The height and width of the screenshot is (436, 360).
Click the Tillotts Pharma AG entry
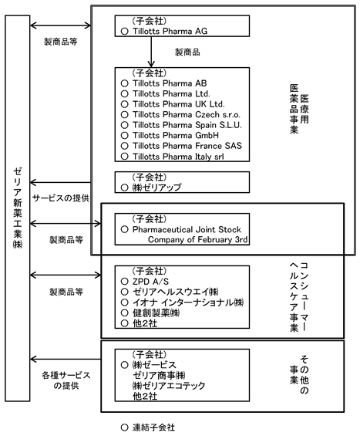pyautogui.click(x=170, y=31)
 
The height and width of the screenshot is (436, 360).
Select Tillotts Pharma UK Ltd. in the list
pyautogui.click(x=178, y=104)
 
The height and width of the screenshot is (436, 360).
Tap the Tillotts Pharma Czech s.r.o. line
pyautogui.click(x=187, y=114)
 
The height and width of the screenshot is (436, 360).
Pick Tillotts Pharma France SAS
pyautogui.click(x=187, y=146)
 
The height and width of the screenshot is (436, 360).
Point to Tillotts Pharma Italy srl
pyautogui.click(x=178, y=157)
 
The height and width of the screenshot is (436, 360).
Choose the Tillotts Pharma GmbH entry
pyautogui.click(x=175, y=135)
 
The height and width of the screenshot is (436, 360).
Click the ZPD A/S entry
pyautogui.click(x=150, y=282)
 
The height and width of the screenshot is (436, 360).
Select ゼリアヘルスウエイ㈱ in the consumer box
pyautogui.click(x=175, y=292)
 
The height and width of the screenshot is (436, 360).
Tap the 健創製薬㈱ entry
pyautogui.click(x=156, y=313)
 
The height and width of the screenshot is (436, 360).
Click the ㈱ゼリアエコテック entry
pyautogui.click(x=169, y=386)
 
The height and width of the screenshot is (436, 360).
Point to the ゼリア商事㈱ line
pyautogui.click(x=159, y=375)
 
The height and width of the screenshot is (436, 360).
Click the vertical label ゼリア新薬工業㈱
pyautogui.click(x=18, y=208)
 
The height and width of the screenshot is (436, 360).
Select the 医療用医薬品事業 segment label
pyautogui.click(x=299, y=109)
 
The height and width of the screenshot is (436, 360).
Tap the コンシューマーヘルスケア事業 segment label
pyautogui.click(x=299, y=296)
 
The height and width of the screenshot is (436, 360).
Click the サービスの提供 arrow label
pyautogui.click(x=61, y=198)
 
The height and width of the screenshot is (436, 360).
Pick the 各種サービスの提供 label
pyautogui.click(x=66, y=380)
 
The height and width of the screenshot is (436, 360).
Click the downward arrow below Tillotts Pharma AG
pyautogui.click(x=151, y=52)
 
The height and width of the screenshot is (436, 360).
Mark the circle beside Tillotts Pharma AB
pyautogui.click(x=124, y=83)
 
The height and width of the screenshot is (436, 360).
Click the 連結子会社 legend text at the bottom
pyautogui.click(x=153, y=428)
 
